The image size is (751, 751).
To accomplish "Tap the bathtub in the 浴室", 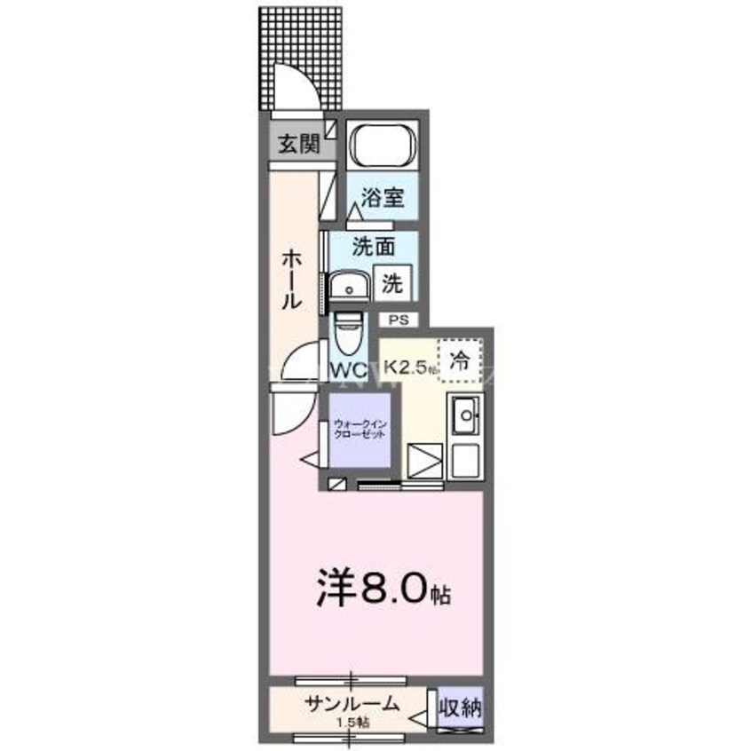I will pos(383,146).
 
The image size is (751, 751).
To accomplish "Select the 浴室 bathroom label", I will pos(383,197).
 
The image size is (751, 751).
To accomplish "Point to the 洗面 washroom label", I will pos(373,248).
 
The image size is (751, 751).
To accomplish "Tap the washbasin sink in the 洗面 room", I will pos(350,288).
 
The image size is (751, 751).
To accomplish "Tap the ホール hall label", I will pos(290,279).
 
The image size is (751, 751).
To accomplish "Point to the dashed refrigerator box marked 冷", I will pos(459,360).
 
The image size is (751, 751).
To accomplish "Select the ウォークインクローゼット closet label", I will pos(359,430).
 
